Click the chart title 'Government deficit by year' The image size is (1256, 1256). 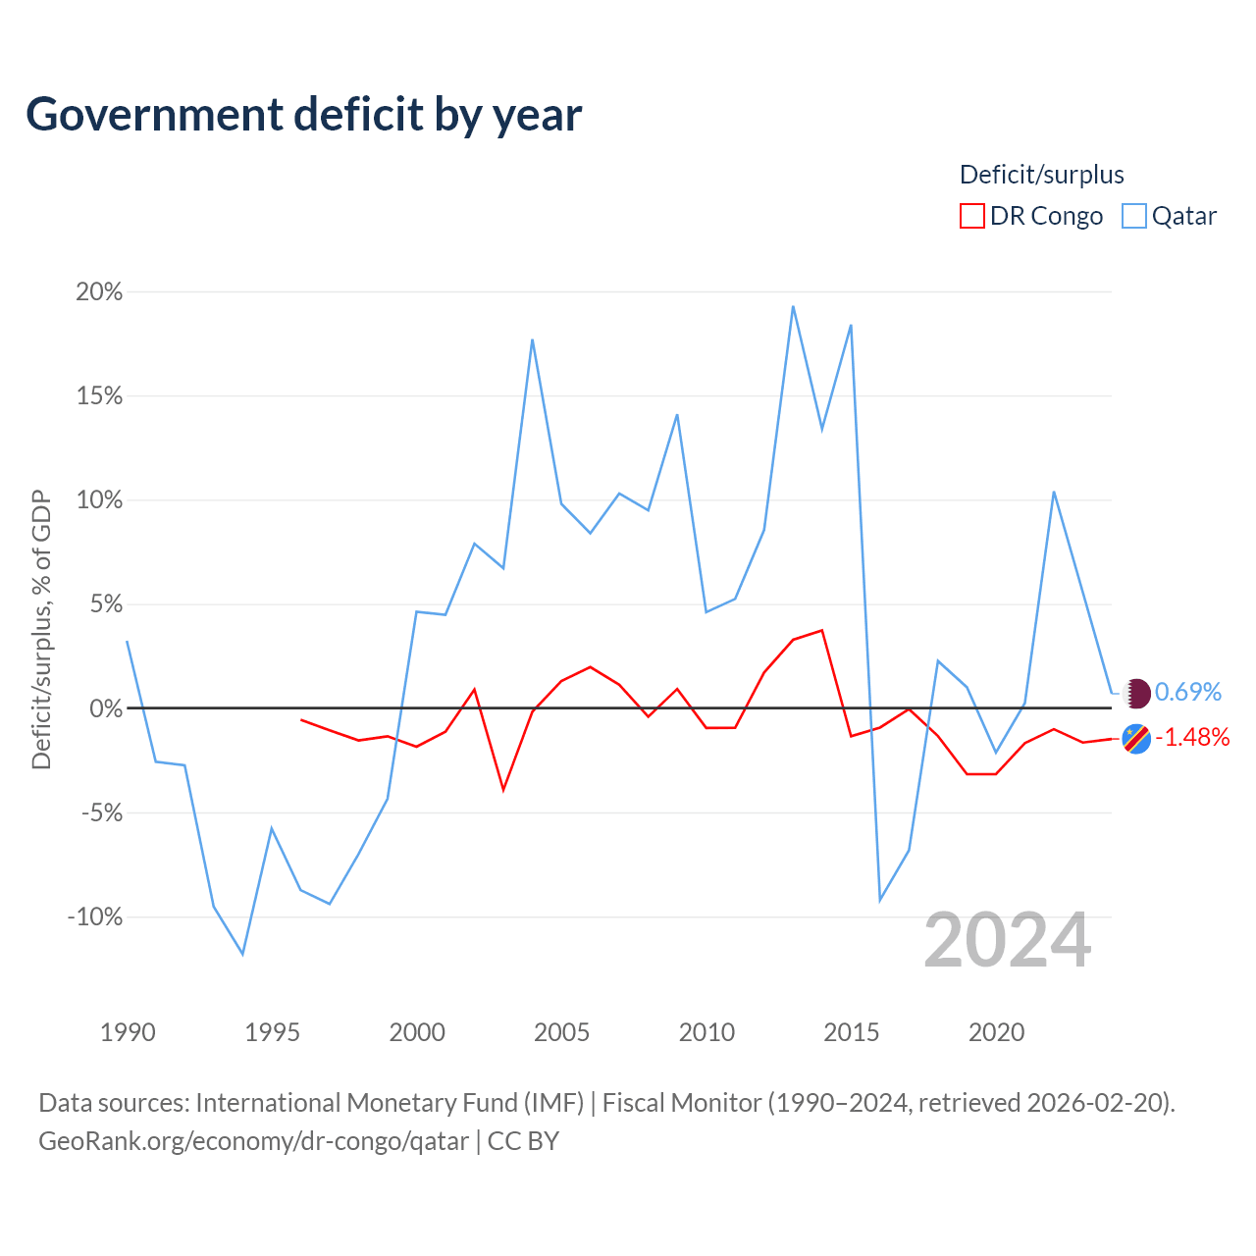click(303, 115)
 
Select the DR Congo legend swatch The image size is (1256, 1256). click(971, 216)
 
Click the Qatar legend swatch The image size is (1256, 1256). click(1133, 216)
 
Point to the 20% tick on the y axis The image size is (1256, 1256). click(99, 291)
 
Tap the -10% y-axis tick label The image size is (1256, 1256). click(95, 916)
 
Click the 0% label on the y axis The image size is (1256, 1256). click(106, 707)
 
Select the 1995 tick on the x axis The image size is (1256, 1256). click(272, 1031)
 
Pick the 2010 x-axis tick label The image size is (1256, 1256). click(706, 1031)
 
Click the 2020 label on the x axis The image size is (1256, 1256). click(996, 1031)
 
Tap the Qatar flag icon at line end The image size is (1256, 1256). click(1136, 693)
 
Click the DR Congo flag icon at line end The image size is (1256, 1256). click(1136, 739)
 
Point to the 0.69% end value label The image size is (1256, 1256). click(1187, 692)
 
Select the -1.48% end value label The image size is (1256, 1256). click(1192, 737)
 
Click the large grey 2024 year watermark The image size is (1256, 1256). click(1007, 940)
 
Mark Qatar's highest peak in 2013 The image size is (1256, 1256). click(793, 306)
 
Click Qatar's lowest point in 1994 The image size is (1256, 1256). click(243, 954)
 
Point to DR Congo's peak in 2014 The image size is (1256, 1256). click(822, 630)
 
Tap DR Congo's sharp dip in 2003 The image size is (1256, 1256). click(503, 790)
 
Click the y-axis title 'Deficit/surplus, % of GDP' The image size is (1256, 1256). click(41, 630)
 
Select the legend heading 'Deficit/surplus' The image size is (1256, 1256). click(1041, 175)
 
